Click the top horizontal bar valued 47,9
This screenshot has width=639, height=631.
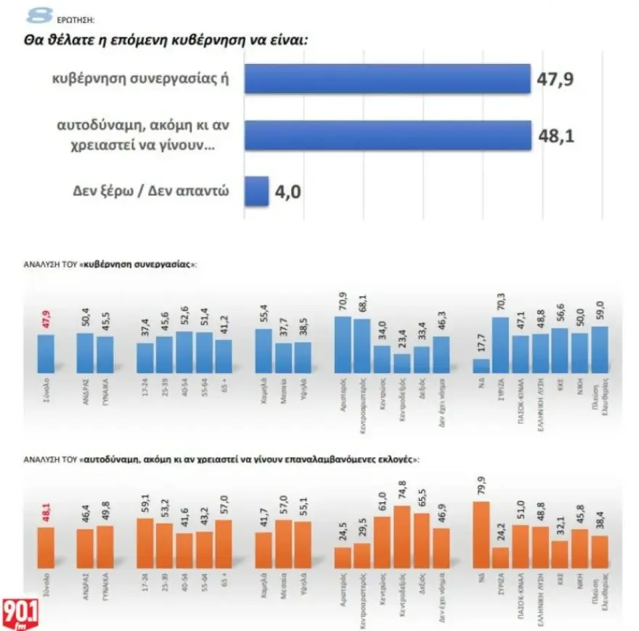click(x=387, y=78)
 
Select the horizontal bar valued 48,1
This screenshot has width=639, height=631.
click(x=387, y=136)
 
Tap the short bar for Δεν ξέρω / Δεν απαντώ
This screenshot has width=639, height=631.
click(x=257, y=192)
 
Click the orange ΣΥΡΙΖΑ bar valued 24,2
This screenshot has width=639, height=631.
click(x=501, y=557)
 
